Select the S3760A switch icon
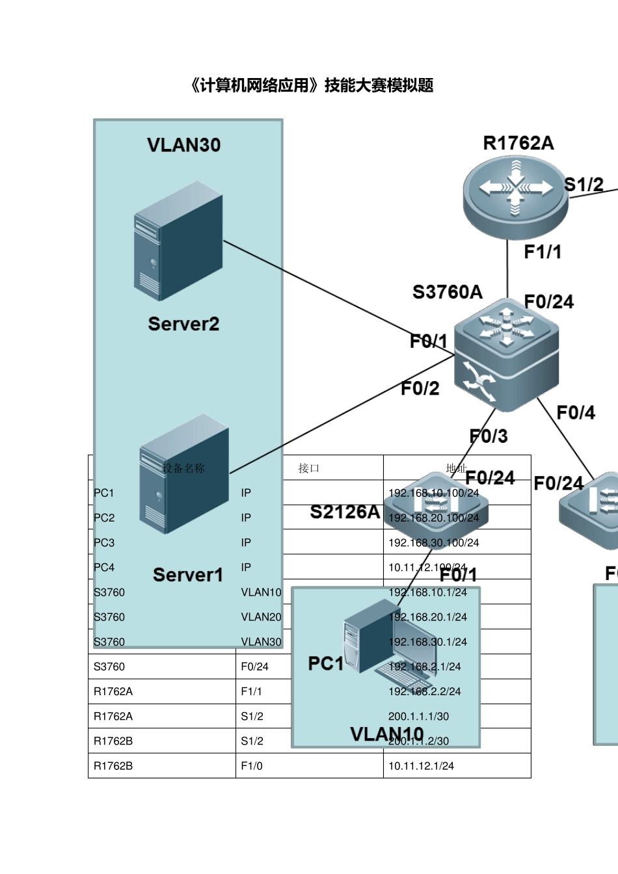point(506,354)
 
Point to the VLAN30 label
point(183,145)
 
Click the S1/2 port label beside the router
point(584,185)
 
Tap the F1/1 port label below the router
point(543,252)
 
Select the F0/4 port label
point(576,413)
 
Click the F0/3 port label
point(489,436)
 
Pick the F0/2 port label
point(420,389)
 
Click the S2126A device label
point(345,512)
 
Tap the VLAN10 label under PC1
point(386,734)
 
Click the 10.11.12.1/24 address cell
point(421,766)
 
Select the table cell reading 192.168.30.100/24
point(433,542)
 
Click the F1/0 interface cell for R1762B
point(252,766)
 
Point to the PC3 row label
point(104,542)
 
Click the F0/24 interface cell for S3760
point(254,667)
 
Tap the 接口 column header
point(308,468)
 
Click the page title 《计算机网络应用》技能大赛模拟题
point(310,85)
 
